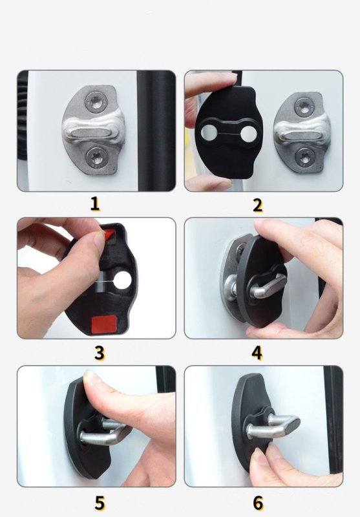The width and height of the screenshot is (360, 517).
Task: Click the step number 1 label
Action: [95, 204]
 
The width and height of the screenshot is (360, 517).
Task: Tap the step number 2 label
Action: [258, 205]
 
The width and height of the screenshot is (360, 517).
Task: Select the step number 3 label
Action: [100, 352]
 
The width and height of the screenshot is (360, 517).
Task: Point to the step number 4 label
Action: [257, 352]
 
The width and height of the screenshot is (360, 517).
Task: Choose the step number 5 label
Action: [100, 503]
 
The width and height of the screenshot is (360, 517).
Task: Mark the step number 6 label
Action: [258, 503]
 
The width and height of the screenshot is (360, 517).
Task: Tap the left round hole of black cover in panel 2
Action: [208, 132]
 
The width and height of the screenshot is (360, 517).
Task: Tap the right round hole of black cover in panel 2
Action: [248, 134]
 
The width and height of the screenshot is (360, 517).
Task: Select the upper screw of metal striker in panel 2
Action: [304, 106]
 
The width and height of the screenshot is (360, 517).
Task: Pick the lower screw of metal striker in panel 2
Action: [304, 156]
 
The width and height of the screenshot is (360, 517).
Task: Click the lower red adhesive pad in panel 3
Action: [103, 323]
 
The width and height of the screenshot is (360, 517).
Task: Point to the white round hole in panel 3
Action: [122, 280]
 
